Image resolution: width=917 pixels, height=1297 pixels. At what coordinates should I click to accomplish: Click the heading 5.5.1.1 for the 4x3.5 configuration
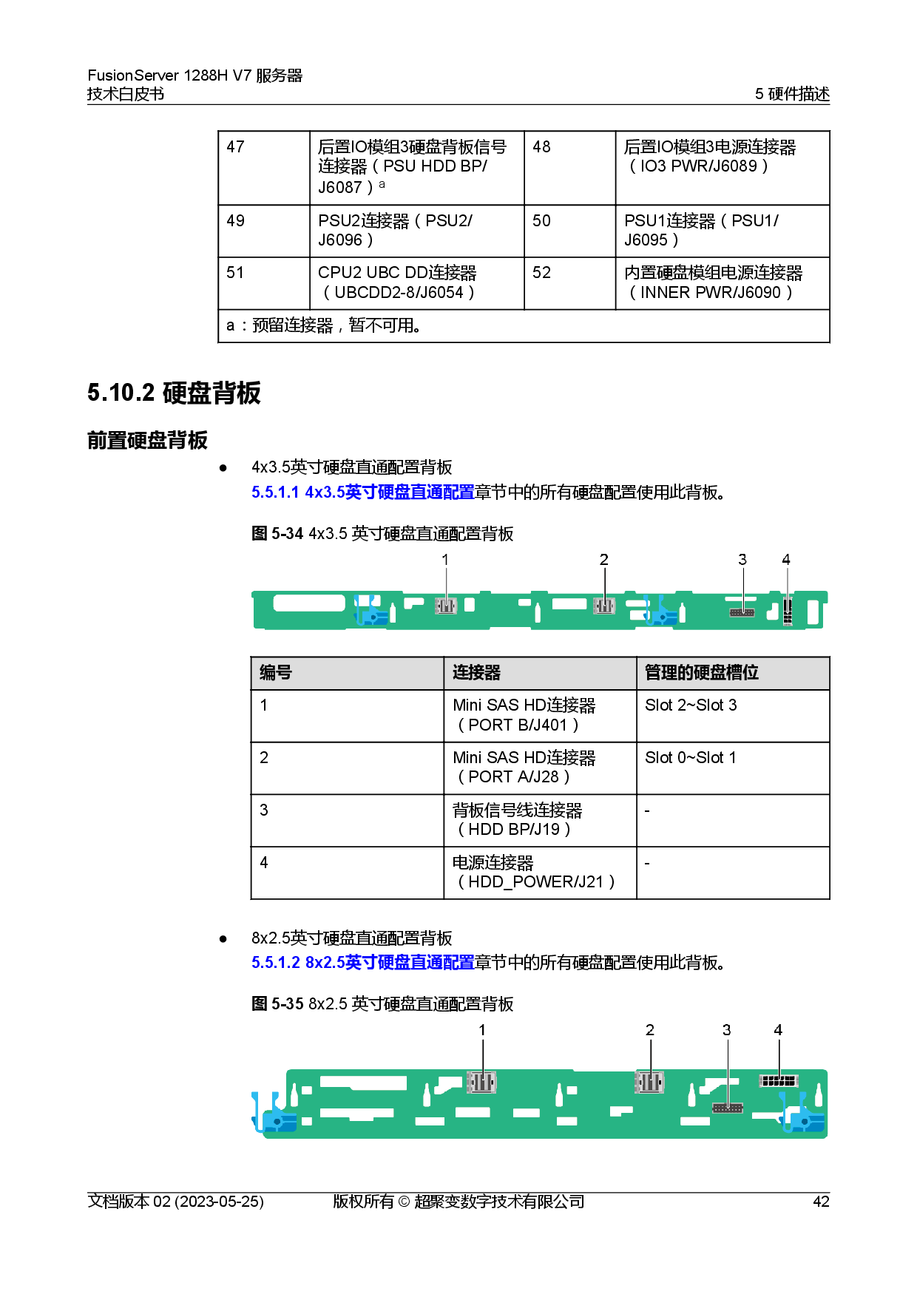[362, 492]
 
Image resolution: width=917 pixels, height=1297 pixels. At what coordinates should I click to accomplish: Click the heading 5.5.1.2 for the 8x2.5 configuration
[362, 963]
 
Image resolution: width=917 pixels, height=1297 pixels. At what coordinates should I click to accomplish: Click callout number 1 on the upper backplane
[445, 560]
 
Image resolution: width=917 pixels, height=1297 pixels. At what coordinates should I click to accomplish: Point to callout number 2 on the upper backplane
[604, 560]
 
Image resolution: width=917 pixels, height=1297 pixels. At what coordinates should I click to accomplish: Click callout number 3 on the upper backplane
[742, 560]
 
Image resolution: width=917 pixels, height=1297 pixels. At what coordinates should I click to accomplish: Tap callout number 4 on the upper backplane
[786, 560]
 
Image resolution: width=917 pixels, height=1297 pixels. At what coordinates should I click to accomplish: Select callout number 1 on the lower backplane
[482, 1030]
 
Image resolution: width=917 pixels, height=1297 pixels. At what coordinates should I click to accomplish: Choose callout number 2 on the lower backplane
[650, 1030]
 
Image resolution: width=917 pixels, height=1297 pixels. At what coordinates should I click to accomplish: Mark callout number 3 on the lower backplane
[727, 1030]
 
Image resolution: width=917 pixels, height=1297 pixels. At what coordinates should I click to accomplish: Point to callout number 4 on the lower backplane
[778, 1030]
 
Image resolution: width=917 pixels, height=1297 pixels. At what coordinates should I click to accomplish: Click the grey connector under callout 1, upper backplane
[445, 606]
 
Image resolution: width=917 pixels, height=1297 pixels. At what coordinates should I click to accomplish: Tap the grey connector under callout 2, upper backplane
[604, 606]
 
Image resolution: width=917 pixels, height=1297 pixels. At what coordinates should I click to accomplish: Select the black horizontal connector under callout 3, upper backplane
[742, 612]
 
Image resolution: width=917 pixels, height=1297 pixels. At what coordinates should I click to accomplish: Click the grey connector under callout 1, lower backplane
[481, 1083]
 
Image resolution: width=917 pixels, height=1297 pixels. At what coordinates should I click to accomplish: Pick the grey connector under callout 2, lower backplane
[649, 1083]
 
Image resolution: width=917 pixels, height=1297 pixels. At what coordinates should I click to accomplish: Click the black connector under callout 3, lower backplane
[728, 1108]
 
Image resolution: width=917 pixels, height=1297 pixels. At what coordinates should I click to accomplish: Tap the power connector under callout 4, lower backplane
[779, 1081]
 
